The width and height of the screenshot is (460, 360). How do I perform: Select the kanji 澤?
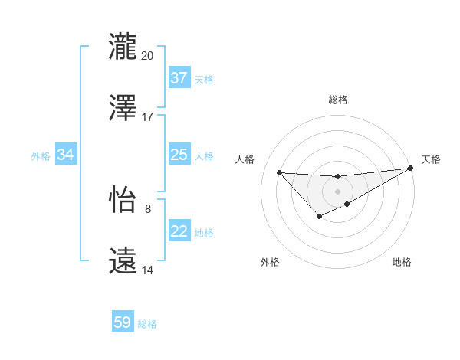click(x=123, y=106)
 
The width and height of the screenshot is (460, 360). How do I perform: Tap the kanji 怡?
click(x=123, y=200)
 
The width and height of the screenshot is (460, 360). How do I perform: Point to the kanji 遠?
click(x=123, y=260)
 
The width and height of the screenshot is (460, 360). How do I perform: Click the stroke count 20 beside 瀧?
click(x=148, y=56)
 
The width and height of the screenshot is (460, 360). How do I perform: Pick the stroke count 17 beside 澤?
click(x=148, y=117)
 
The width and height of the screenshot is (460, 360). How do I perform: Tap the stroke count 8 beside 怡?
click(x=148, y=208)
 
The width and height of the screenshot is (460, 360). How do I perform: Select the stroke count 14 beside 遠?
click(x=148, y=270)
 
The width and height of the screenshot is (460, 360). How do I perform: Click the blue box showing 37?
click(x=179, y=78)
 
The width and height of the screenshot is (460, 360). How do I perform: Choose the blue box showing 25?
click(x=179, y=155)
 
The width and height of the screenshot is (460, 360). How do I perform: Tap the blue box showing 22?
click(x=179, y=231)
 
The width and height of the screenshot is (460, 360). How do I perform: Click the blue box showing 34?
click(x=65, y=155)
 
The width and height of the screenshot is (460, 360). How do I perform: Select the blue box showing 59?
click(x=123, y=322)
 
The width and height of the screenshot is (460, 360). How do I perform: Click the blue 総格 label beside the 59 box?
click(x=147, y=324)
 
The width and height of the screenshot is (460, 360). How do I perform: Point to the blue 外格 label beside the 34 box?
click(x=41, y=155)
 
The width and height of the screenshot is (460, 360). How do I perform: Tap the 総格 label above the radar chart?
click(x=338, y=100)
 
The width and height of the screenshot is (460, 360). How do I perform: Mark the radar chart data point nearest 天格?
click(x=412, y=169)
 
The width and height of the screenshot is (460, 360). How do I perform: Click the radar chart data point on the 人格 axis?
click(x=279, y=172)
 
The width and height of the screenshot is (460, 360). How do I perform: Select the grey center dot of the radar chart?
click(x=337, y=191)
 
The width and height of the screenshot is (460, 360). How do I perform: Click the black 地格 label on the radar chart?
click(x=402, y=263)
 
